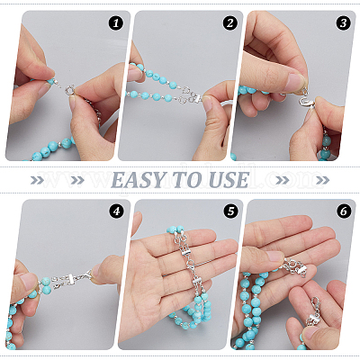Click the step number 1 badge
point(116,23)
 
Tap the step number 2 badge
point(229,23)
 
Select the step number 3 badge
point(344,23)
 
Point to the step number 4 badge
point(116,211)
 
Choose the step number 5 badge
point(230,211)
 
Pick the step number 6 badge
point(344,211)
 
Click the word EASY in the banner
point(139,180)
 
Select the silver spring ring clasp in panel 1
point(71,89)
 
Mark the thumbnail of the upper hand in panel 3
point(295,82)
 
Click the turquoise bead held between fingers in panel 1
point(50,81)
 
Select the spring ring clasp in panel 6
point(292,265)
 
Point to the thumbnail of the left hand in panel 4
point(28,281)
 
